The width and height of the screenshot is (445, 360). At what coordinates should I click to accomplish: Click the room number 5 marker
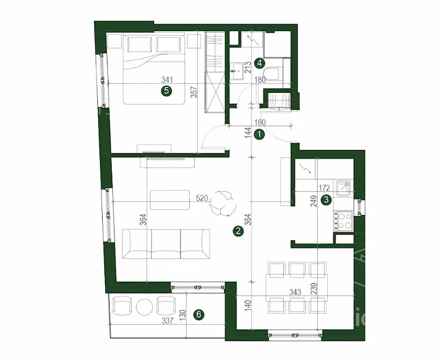(167, 91)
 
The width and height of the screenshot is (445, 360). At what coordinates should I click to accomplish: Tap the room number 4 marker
(260, 63)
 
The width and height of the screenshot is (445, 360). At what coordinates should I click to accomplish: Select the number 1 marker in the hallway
(260, 134)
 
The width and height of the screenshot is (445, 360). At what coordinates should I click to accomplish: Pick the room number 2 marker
(238, 231)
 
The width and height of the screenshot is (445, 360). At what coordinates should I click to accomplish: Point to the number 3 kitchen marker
(326, 200)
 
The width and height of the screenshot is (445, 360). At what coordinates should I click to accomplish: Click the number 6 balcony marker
(199, 314)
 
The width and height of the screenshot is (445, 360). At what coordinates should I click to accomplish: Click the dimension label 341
(167, 80)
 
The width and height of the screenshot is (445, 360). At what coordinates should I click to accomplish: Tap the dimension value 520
(202, 198)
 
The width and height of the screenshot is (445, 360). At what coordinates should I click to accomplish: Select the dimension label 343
(295, 292)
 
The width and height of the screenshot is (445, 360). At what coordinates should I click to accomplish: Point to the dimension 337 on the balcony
(168, 321)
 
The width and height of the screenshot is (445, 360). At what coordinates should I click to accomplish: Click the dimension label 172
(324, 188)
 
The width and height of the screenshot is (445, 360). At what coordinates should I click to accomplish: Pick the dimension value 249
(314, 201)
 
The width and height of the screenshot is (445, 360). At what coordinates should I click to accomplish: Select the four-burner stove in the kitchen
(343, 221)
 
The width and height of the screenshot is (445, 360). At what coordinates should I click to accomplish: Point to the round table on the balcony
(145, 307)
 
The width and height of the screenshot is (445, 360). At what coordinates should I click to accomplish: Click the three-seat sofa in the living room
(166, 244)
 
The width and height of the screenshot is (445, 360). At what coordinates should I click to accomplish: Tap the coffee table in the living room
(170, 200)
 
